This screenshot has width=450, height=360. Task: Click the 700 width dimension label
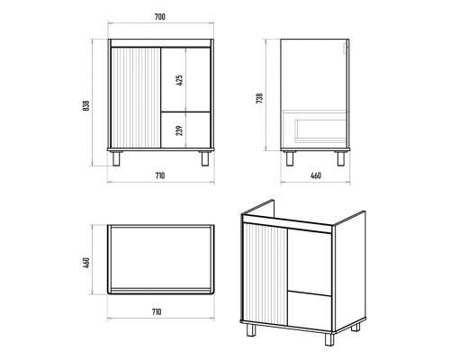click(x=160, y=17)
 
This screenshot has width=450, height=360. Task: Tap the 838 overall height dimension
click(x=85, y=105)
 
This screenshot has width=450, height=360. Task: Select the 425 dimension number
click(x=179, y=80)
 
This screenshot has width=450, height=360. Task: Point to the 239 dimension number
click(x=179, y=130)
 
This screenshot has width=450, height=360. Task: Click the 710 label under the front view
click(x=160, y=175)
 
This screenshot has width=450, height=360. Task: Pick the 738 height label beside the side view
click(x=260, y=98)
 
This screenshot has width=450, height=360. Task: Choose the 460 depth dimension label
click(x=316, y=175)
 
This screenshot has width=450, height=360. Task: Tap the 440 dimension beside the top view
click(x=86, y=263)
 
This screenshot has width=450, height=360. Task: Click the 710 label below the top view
click(x=156, y=312)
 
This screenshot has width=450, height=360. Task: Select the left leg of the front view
click(x=116, y=158)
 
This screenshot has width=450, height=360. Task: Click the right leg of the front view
click(x=205, y=158)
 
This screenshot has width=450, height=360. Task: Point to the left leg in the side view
click(x=290, y=158)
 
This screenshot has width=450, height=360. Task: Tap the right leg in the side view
click(x=341, y=158)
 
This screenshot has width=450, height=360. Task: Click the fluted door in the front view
click(x=136, y=97)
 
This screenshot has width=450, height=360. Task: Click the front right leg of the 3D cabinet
click(x=329, y=339)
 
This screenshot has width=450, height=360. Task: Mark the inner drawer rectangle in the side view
click(x=320, y=130)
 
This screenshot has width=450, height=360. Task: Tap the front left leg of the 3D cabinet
click(x=251, y=330)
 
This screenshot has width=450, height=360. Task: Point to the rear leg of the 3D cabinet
click(x=355, y=327)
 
